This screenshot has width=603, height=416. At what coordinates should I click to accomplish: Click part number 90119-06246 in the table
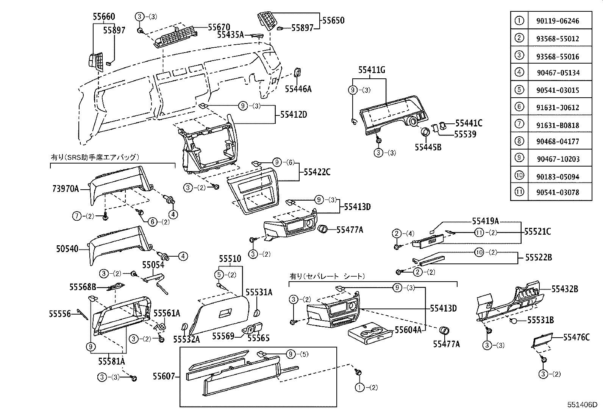click(x=557, y=21)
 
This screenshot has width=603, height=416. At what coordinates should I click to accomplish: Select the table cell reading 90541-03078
click(x=557, y=192)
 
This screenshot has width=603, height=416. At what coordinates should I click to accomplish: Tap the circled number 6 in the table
click(x=519, y=107)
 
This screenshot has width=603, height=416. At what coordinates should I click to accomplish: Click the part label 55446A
click(x=298, y=89)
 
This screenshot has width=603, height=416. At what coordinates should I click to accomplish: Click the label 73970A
click(x=65, y=188)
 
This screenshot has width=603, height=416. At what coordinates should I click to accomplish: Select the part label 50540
click(x=67, y=249)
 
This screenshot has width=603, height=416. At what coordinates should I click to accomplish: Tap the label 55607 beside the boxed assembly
click(x=164, y=376)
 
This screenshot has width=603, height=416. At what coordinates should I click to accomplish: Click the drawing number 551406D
click(x=582, y=404)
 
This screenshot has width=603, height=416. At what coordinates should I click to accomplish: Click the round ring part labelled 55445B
click(x=425, y=132)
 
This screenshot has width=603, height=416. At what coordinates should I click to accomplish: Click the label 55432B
click(x=564, y=289)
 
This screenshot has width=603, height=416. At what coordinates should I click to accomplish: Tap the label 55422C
click(x=317, y=173)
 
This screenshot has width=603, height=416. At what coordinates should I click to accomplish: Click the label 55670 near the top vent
click(x=219, y=27)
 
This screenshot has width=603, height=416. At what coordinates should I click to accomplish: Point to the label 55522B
click(x=538, y=258)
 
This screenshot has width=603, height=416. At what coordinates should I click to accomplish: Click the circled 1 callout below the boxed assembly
click(x=359, y=387)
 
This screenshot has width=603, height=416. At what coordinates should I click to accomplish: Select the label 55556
click(x=60, y=314)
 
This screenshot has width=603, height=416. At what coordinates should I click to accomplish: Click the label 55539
click(x=465, y=134)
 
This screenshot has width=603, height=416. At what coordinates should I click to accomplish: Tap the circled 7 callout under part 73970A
click(x=77, y=216)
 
